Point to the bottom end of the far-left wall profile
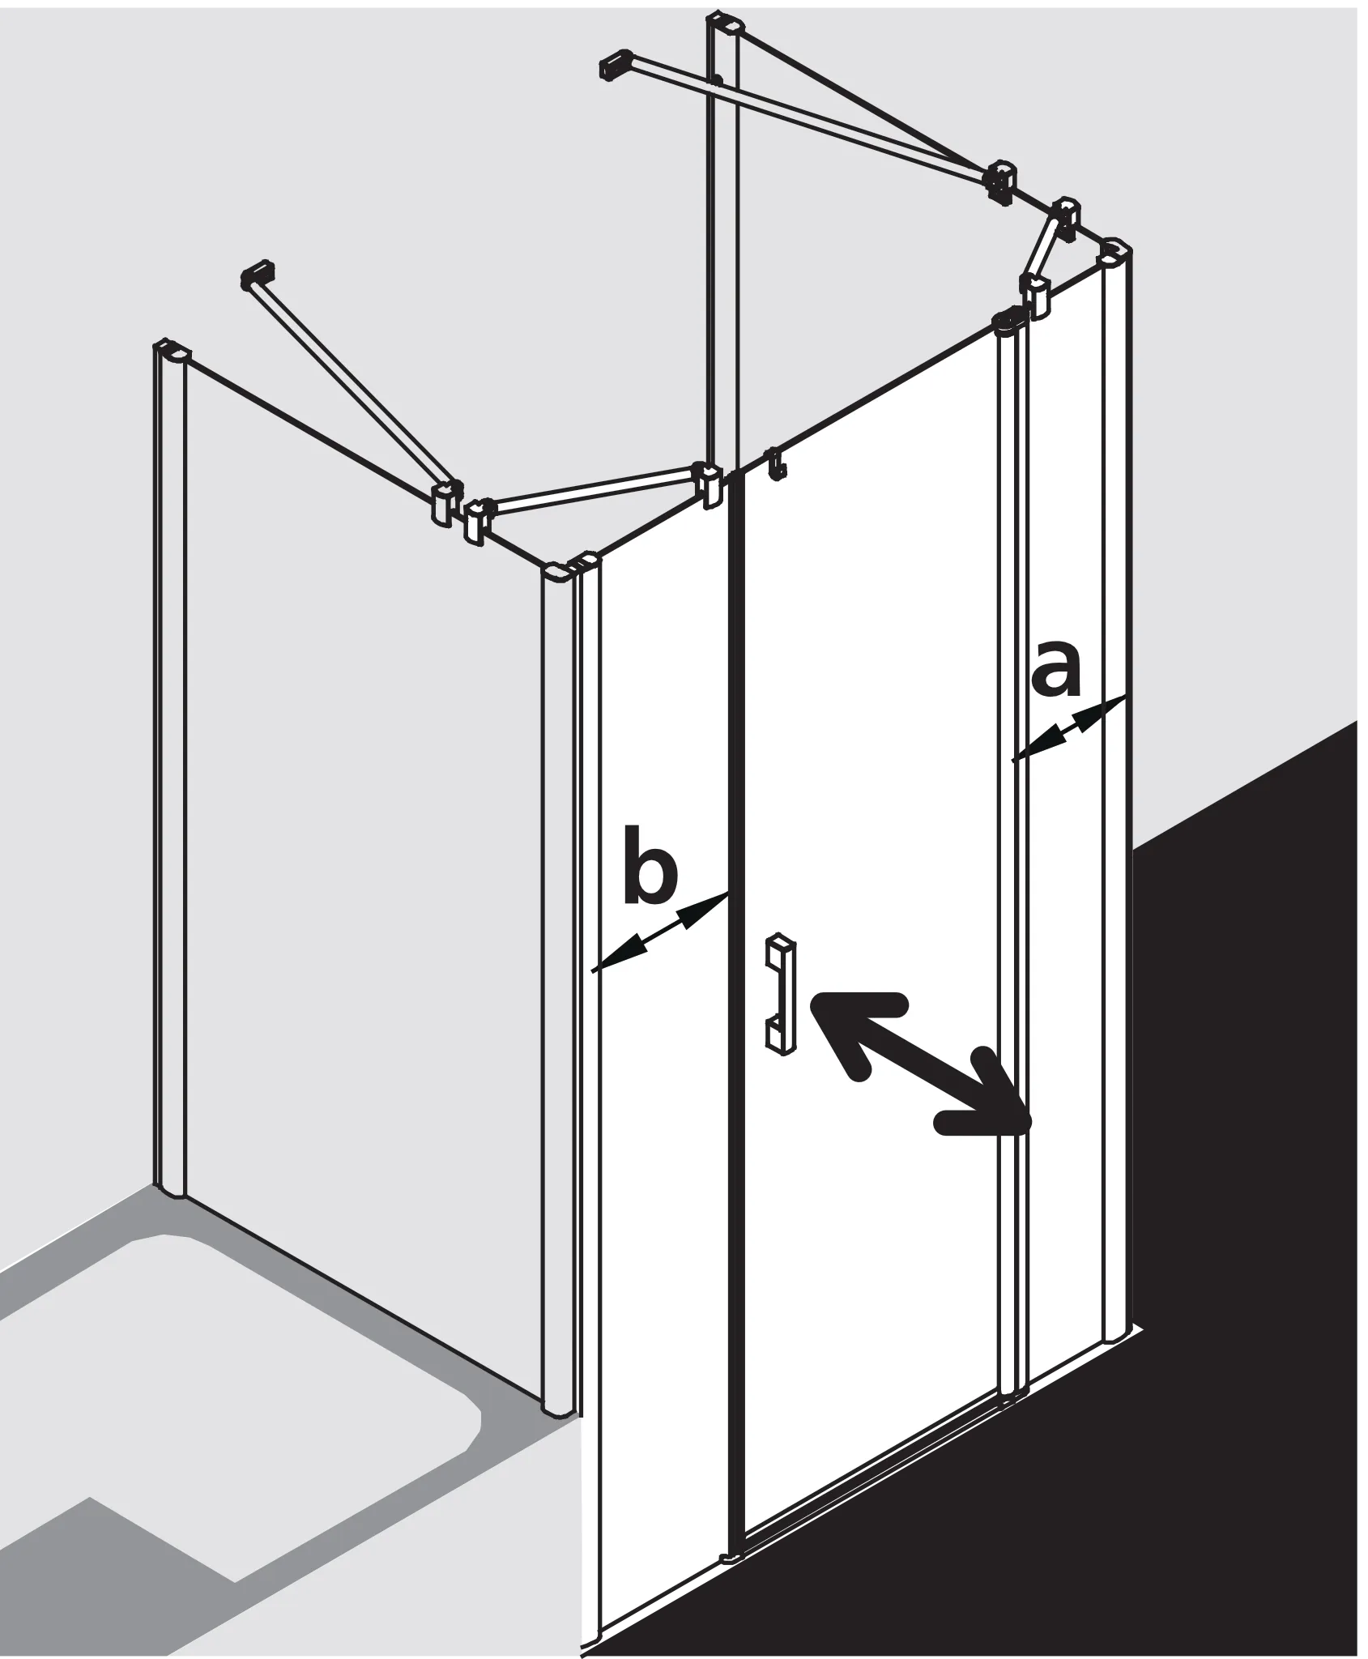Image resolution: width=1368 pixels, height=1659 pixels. [x=169, y=1190]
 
